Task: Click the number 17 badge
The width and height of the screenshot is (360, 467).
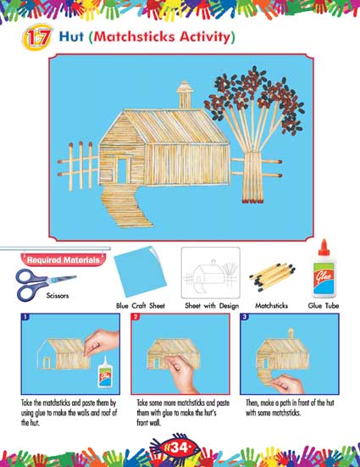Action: [x=37, y=37]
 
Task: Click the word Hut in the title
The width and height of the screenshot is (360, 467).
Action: [x=71, y=36]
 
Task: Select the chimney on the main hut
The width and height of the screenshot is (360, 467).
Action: [x=185, y=94]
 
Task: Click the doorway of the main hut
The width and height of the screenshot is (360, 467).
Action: [x=122, y=170]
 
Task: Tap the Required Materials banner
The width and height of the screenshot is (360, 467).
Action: [x=64, y=259]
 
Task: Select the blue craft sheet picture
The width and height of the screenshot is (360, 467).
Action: [x=141, y=271]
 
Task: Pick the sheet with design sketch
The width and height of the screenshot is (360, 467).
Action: [x=211, y=273]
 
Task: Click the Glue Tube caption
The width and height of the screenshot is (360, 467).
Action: [x=324, y=306]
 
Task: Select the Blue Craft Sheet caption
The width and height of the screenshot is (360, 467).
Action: [x=141, y=306]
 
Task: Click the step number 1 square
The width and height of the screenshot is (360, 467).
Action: [x=25, y=317]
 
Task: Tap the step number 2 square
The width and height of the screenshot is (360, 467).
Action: [x=136, y=317]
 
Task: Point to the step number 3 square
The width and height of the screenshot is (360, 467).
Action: [x=245, y=317]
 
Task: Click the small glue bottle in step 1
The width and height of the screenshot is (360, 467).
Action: [x=104, y=371]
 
